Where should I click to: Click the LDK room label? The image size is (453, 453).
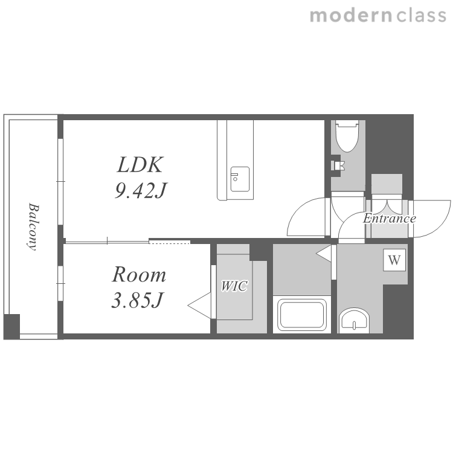140,165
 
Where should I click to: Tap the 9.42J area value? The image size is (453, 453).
141,191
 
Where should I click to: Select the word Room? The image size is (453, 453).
139,274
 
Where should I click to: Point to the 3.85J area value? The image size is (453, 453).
138,300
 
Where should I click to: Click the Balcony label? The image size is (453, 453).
33,227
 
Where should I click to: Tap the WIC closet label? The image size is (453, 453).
234,286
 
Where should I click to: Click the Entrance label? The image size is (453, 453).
390,219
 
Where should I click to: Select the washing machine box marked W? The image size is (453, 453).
394,260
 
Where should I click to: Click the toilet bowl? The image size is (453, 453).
347,137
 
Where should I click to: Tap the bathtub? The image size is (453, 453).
302,315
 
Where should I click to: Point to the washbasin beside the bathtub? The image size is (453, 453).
354,321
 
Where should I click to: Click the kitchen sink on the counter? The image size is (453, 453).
240,179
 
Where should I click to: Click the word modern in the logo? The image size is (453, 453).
351,16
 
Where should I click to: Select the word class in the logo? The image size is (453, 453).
422,16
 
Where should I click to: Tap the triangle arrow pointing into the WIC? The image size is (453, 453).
199,306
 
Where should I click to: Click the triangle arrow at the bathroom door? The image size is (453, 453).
324,254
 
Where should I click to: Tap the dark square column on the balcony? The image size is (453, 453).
12,326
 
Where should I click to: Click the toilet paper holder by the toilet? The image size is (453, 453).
337,165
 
